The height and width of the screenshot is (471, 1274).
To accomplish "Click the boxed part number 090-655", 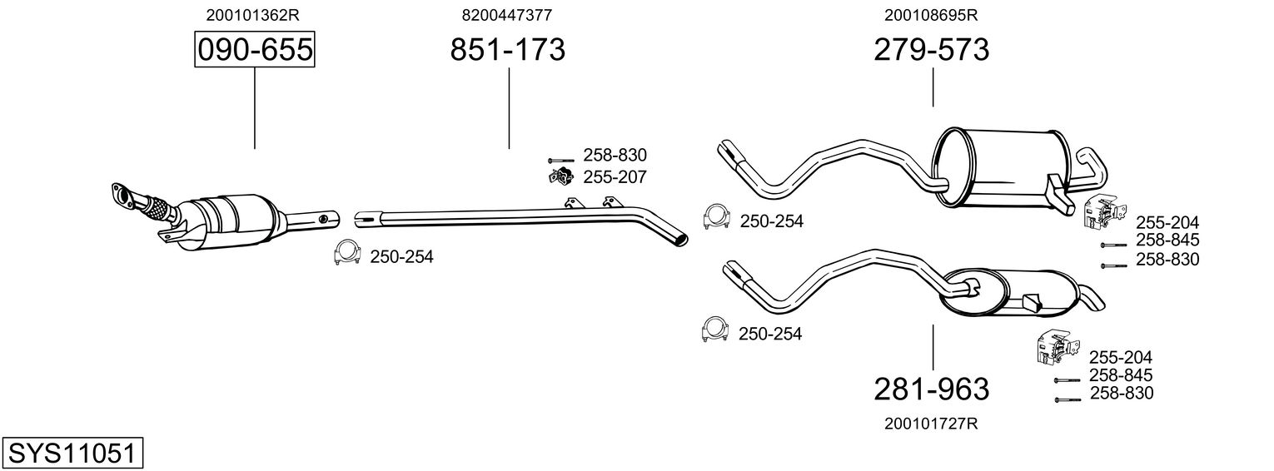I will click(x=254, y=50).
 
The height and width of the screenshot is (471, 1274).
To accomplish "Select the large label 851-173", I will click(x=507, y=50).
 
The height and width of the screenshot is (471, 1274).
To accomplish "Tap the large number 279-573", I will click(x=931, y=50).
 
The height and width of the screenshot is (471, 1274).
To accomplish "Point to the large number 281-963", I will click(x=931, y=389).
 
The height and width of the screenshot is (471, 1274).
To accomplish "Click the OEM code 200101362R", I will click(x=254, y=15).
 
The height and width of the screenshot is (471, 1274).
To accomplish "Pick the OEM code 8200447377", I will click(x=507, y=15).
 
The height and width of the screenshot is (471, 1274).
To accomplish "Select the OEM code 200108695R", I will click(x=931, y=15).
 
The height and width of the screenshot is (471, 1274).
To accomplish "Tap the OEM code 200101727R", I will click(x=931, y=424).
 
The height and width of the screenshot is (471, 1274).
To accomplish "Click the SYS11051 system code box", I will click(x=72, y=454).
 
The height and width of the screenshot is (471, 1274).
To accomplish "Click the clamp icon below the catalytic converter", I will click(x=346, y=253).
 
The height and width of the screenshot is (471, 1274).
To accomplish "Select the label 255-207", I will click(x=615, y=177).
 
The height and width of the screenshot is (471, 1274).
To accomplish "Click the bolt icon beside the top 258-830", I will click(x=562, y=159).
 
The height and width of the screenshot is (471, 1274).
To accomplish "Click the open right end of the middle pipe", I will click(x=681, y=239).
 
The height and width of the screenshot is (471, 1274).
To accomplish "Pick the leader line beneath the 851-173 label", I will click(x=509, y=108).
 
